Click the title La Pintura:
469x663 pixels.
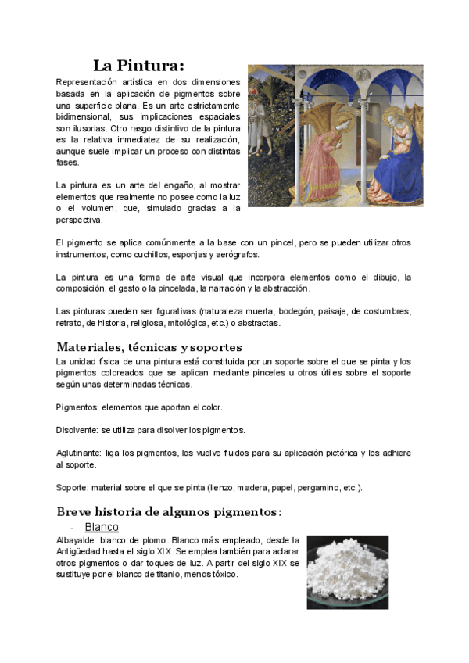click(x=139, y=66)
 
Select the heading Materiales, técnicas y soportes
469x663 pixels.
click(x=149, y=346)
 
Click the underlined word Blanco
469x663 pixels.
click(x=102, y=528)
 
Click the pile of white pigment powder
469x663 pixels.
click(x=346, y=573)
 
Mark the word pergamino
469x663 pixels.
click(x=317, y=487)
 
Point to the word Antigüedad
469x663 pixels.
click(x=79, y=551)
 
